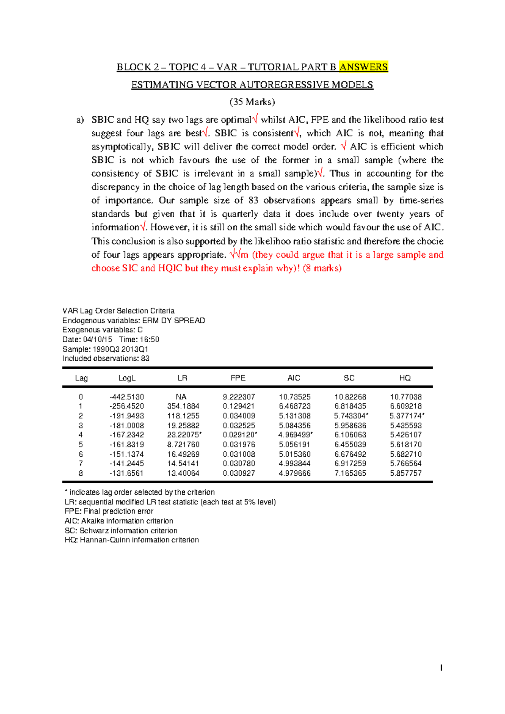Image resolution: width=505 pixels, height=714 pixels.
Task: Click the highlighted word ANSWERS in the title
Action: [364, 67]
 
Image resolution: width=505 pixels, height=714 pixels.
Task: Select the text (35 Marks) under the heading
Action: [252, 102]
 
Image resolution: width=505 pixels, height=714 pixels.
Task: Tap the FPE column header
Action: [238, 378]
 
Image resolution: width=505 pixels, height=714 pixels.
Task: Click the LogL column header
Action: [127, 378]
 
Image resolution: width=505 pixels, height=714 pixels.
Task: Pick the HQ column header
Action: [405, 378]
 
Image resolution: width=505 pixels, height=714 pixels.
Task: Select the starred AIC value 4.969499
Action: [295, 435]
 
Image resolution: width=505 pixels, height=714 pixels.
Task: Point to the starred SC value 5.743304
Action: [350, 416]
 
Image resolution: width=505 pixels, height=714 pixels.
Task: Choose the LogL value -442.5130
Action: [127, 397]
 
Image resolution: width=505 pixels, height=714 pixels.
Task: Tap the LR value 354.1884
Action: [183, 406]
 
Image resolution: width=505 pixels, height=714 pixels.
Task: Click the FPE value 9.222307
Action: [239, 397]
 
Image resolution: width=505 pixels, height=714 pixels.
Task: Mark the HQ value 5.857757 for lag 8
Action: [406, 473]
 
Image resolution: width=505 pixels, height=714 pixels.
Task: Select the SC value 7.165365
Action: [350, 473]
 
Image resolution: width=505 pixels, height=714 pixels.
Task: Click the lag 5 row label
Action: [81, 445]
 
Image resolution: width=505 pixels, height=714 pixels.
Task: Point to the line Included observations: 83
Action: [106, 359]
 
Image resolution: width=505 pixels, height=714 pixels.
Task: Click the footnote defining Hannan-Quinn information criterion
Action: [132, 540]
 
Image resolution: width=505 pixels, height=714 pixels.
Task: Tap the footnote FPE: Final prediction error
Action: [109, 512]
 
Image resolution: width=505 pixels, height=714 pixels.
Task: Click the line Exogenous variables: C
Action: [102, 330]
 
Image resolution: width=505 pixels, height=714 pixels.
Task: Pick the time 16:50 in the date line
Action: [149, 340]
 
